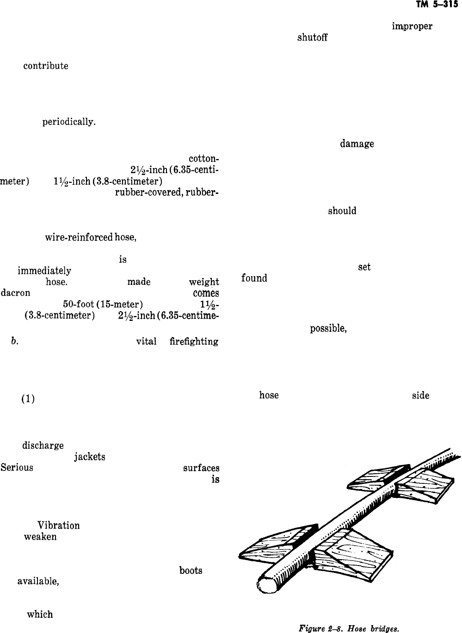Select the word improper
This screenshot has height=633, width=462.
(412, 27)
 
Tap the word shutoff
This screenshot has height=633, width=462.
(312, 38)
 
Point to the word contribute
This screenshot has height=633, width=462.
(46, 66)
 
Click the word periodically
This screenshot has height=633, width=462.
(69, 123)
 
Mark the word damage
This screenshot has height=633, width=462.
(357, 144)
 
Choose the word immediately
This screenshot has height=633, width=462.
(44, 271)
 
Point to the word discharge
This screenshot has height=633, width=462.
(43, 446)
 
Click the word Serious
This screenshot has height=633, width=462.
(17, 468)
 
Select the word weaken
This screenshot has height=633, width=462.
(40, 537)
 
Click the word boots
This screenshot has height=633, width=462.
(191, 571)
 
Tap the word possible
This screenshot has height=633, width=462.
(328, 328)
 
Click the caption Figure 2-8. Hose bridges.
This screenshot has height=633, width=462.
(349, 628)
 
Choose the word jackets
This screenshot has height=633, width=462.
(89, 457)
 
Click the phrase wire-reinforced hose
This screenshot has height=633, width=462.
(90, 238)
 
